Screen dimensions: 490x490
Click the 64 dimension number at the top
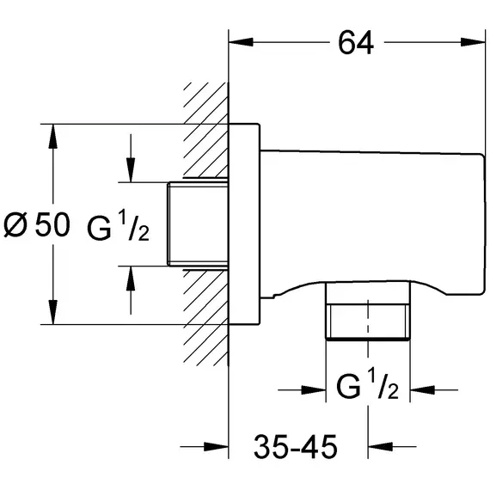(356, 43)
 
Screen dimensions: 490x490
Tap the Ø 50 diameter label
(37, 224)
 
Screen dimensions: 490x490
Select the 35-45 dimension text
(296, 446)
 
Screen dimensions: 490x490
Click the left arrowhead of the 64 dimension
(241, 42)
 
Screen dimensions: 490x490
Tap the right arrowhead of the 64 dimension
(473, 42)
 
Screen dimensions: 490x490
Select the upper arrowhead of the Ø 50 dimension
(53, 136)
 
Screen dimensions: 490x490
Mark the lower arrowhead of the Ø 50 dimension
(53, 312)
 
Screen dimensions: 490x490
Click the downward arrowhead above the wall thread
(131, 170)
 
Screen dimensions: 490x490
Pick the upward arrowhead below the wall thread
(131, 279)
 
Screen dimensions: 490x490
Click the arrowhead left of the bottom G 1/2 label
(314, 389)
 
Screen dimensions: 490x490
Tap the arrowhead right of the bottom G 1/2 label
(422, 389)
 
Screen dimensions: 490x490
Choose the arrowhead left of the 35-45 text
(217, 446)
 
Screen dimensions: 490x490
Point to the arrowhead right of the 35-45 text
(380, 446)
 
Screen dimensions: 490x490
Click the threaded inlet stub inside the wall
(198, 224)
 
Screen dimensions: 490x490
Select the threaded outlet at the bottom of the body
(368, 310)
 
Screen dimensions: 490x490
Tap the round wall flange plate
(244, 224)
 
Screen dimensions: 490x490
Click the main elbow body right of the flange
(372, 224)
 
